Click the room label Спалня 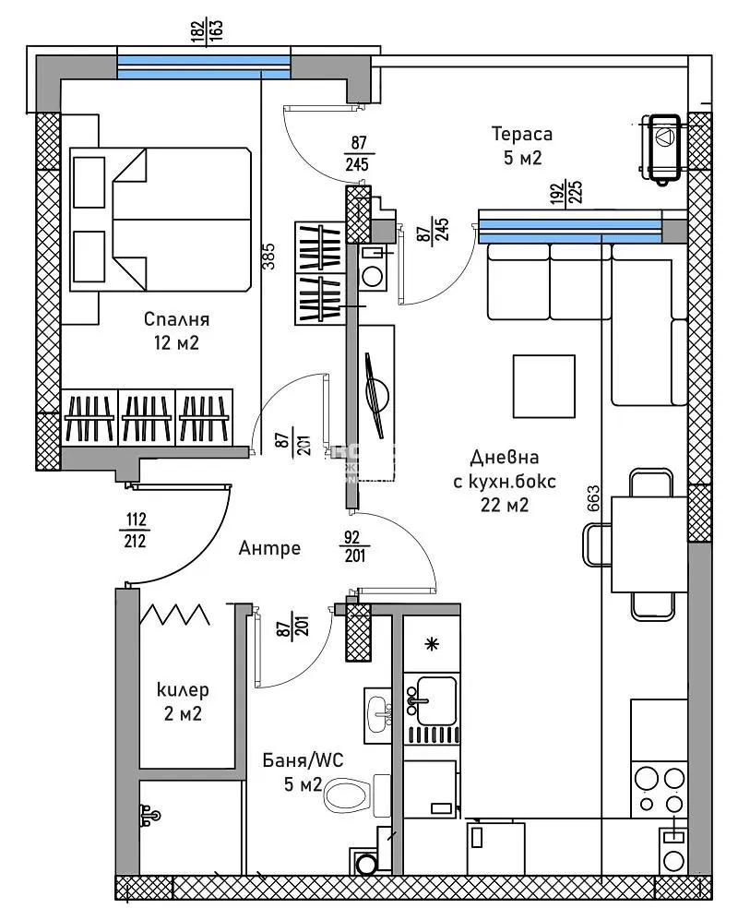[177, 320]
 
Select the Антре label [269, 548]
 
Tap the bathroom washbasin [378, 713]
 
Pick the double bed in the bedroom [161, 220]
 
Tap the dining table [650, 544]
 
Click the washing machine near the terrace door [375, 274]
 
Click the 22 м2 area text [504, 504]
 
